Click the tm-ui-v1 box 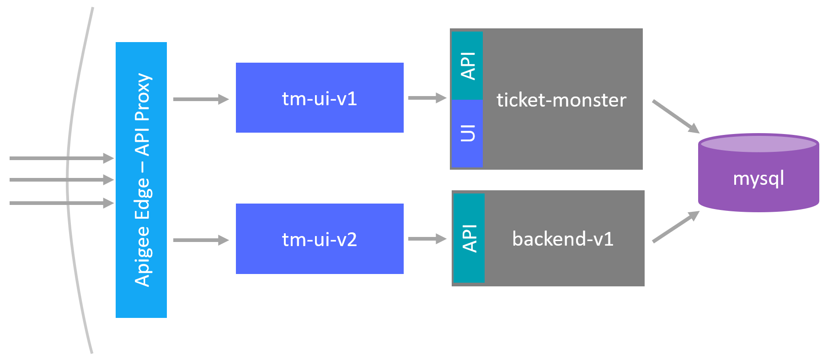(320, 98)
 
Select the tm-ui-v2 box (320, 239)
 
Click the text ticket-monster (561, 100)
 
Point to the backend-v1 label (563, 239)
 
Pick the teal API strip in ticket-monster (467, 65)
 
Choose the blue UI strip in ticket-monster (467, 133)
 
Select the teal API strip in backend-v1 (469, 238)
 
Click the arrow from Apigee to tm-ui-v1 (200, 99)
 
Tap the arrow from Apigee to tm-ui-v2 (200, 240)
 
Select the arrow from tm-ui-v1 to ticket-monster (427, 98)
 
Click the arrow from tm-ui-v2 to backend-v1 (427, 239)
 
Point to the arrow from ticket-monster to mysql (675, 116)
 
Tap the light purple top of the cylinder (758, 144)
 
